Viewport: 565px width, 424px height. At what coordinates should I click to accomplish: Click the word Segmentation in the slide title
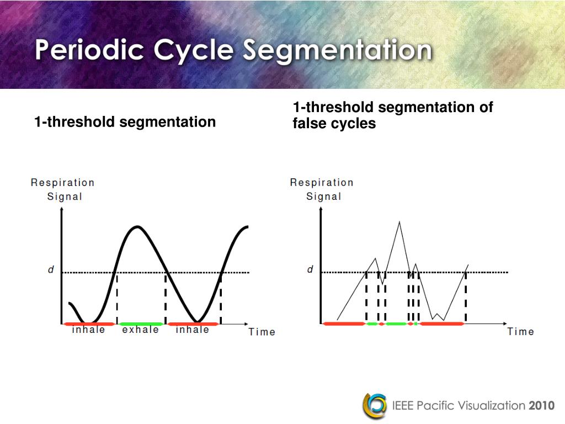[338, 51]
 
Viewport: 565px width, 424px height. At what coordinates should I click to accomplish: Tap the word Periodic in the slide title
[90, 51]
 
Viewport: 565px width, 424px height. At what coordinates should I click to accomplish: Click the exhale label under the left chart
[140, 330]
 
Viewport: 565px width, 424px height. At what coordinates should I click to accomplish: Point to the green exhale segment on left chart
[141, 324]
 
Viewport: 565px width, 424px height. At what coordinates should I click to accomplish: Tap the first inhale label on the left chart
[88, 330]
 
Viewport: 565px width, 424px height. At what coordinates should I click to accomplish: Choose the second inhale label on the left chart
[193, 330]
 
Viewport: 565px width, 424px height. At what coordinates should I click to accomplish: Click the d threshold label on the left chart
[51, 270]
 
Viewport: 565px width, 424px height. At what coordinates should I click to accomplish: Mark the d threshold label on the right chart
[310, 270]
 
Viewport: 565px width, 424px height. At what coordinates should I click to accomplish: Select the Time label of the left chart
[262, 332]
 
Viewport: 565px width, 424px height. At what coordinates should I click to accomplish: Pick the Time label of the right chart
[521, 332]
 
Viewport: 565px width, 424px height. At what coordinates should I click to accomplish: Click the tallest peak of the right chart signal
[399, 222]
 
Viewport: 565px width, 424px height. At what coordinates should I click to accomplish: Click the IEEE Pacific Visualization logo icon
[374, 406]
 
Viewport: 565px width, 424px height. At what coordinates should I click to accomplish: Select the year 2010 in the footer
[541, 406]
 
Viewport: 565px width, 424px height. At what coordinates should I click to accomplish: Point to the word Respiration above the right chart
[322, 182]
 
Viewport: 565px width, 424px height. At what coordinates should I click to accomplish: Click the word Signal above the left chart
[65, 197]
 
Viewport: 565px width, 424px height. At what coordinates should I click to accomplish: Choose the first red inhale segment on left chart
[89, 324]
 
